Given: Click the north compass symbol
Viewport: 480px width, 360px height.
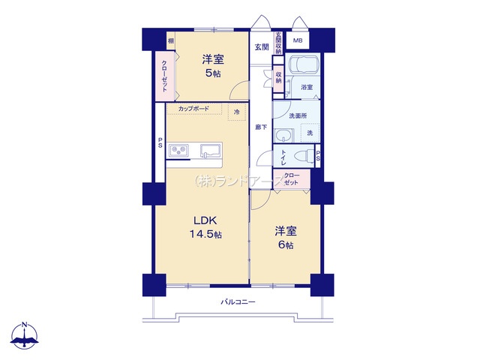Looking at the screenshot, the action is coord(25,335).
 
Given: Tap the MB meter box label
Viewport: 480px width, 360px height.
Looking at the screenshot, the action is coord(298,40).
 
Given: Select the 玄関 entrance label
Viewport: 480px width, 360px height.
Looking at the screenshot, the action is coord(262,46).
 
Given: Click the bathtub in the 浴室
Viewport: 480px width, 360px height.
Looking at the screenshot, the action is coord(304,64).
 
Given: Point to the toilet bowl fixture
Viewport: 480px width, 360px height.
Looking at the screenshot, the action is coord(304,156).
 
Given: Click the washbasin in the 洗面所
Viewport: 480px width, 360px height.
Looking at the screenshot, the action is coord(284,136).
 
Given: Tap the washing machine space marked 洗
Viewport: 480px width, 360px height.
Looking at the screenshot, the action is coord(310,133).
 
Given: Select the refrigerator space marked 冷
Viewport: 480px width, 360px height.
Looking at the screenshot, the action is coord(237,112).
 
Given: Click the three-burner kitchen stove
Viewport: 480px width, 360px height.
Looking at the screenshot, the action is coord(178,150).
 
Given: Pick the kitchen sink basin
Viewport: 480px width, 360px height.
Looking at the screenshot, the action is coord(211,151).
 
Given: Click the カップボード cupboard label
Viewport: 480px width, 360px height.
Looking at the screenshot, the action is coord(193,109).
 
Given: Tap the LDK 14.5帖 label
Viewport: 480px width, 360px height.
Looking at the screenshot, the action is coord(205,227).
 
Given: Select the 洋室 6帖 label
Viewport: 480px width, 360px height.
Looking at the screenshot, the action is coord(286,238).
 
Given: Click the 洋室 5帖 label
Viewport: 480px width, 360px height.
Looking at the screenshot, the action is coord(213,66).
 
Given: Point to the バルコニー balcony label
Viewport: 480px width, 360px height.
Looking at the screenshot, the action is coord(238,302).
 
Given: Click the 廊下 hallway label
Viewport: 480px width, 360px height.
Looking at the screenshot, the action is coord(261,127).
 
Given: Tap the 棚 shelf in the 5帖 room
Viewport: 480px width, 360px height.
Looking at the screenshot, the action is coord(171,40).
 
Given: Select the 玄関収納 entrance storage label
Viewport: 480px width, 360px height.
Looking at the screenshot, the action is coord(278,43).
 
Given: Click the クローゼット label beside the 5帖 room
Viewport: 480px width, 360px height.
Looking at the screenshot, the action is coord(164,76).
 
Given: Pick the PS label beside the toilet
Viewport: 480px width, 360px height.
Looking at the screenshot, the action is coord(318,156).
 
